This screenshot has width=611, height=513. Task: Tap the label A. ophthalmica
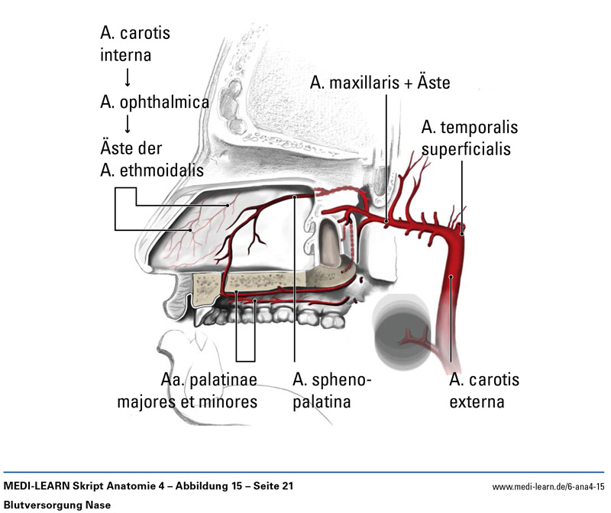click(154, 101)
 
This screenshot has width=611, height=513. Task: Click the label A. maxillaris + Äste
click(380, 83)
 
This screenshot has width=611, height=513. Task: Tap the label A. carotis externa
click(484, 390)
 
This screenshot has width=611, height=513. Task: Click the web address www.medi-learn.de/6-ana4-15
click(548, 486)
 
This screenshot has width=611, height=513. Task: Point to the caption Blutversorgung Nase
click(58, 505)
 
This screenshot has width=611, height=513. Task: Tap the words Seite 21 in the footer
click(267, 486)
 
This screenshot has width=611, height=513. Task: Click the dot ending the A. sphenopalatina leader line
click(295, 198)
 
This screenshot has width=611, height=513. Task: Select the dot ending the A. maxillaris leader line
click(387, 222)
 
